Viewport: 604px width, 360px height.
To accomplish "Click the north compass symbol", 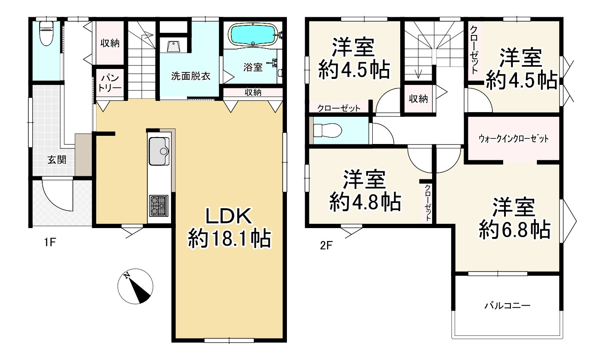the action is (135, 286).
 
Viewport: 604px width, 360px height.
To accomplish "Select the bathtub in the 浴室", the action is (253, 35).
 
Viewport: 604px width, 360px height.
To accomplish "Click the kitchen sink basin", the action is (159, 151).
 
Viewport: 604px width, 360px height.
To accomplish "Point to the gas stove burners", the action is (159, 206).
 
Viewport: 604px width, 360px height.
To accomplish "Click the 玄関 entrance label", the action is (56, 160).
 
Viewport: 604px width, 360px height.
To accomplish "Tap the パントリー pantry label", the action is (110, 83).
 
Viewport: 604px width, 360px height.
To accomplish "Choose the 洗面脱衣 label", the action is (191, 76).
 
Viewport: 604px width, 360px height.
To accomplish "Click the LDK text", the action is (229, 216).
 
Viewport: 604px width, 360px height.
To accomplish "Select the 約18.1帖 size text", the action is (230, 238).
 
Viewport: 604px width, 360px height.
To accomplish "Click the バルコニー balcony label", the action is (507, 306).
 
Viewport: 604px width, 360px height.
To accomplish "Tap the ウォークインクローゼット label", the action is (514, 139).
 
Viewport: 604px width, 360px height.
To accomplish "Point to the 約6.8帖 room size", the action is (514, 230).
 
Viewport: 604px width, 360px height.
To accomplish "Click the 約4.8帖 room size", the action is (365, 202).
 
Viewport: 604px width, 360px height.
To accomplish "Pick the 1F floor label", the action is (50, 242).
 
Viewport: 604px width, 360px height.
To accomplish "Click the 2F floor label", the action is (326, 245).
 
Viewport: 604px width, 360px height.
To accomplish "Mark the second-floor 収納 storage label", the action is (418, 99).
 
